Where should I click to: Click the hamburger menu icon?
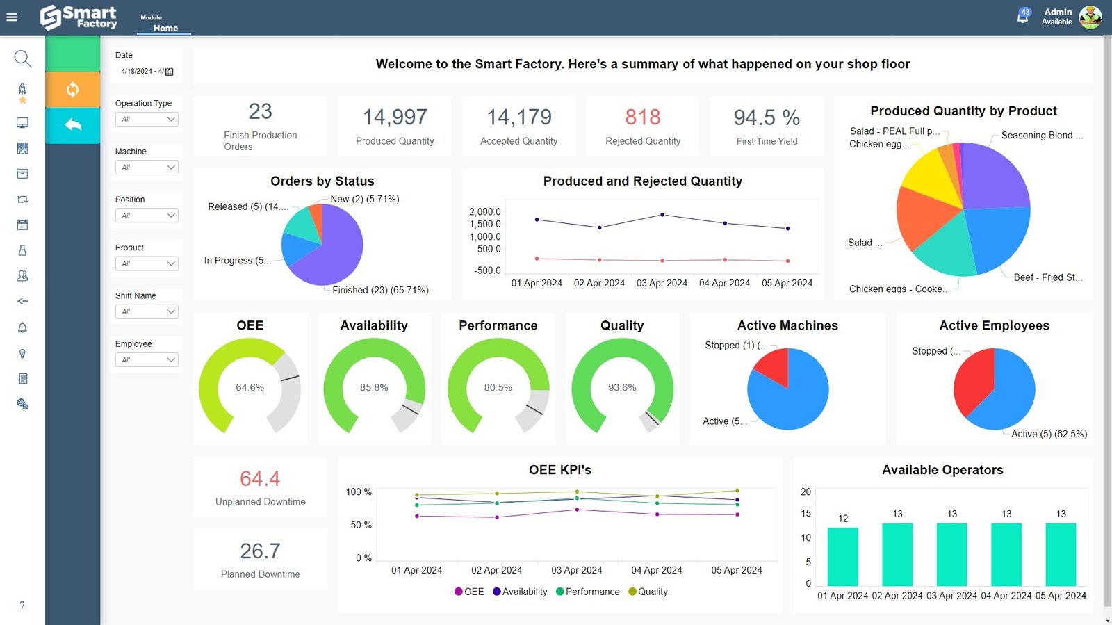pyautogui.click(x=12, y=17)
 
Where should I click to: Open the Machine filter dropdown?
pyautogui.click(x=147, y=168)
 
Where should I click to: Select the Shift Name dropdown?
pyautogui.click(x=147, y=312)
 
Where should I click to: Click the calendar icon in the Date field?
pyautogui.click(x=170, y=72)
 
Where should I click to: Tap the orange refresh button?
pyautogui.click(x=72, y=90)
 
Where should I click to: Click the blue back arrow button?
pyautogui.click(x=72, y=125)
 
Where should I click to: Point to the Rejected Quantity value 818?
pyautogui.click(x=643, y=117)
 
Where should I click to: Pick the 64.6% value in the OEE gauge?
pyautogui.click(x=250, y=388)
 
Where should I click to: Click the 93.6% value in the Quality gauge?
pyautogui.click(x=622, y=388)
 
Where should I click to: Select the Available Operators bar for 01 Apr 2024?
pyautogui.click(x=842, y=556)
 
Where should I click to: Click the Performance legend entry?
pyautogui.click(x=588, y=592)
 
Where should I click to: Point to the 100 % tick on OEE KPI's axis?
pyautogui.click(x=359, y=492)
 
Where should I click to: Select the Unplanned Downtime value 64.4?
pyautogui.click(x=260, y=479)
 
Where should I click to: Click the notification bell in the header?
pyautogui.click(x=1022, y=17)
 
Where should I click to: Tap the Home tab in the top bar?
pyautogui.click(x=165, y=29)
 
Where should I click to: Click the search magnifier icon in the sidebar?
pyautogui.click(x=22, y=58)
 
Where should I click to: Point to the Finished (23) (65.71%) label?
pyautogui.click(x=380, y=291)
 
